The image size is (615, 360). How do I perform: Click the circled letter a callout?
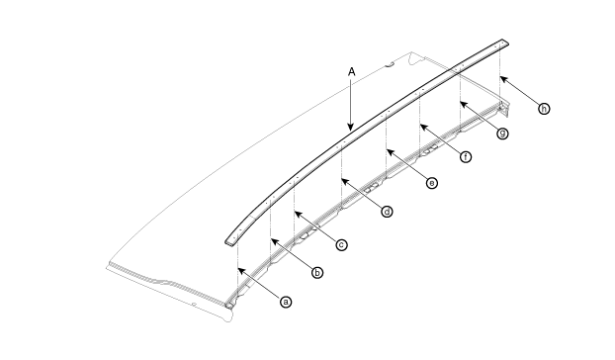(286, 302)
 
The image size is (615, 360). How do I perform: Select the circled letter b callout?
(317, 273)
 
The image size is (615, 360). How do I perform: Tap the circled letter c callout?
(342, 245)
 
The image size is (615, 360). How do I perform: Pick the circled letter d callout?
(387, 212)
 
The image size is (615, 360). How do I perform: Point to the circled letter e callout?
(432, 183)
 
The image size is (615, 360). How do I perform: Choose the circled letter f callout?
(466, 157)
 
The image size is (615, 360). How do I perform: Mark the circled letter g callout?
(502, 134)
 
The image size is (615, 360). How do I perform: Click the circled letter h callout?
(544, 109)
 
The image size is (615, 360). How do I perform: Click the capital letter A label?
(351, 72)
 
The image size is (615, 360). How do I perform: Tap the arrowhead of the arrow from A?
(351, 127)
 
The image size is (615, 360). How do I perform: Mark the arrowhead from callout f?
(423, 127)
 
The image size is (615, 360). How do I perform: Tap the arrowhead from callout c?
(298, 214)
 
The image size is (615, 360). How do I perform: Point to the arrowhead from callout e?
(390, 152)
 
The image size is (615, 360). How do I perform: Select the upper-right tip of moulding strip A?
(507, 42)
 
